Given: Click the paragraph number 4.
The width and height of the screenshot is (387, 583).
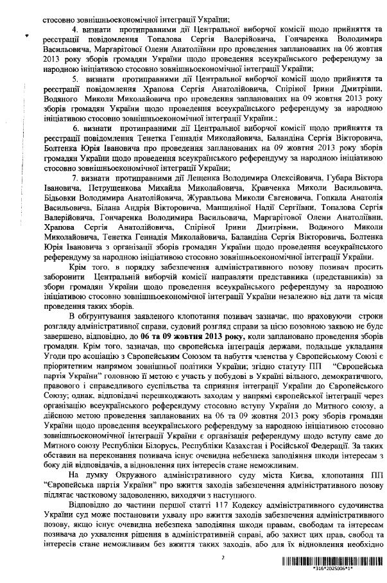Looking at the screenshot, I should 74,30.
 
